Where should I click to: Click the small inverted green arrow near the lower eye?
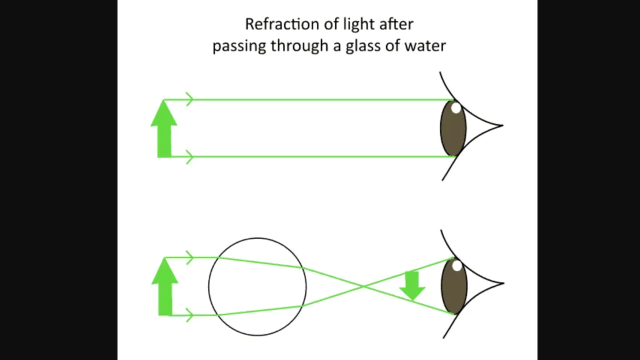click(x=412, y=286)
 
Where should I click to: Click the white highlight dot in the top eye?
click(x=456, y=108)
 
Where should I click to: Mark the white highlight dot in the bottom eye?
click(x=457, y=266)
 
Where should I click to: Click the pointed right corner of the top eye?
click(x=501, y=126)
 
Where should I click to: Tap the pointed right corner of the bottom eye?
click(x=501, y=284)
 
